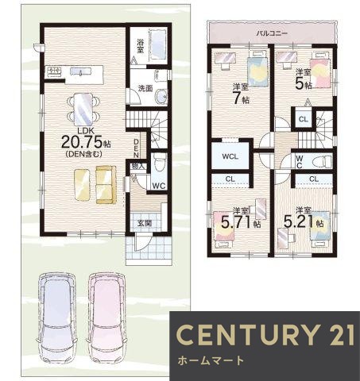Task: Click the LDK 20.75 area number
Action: pyautogui.click(x=82, y=142)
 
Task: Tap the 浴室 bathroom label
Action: pyautogui.click(x=140, y=46)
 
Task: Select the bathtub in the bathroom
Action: pyautogui.click(x=158, y=44)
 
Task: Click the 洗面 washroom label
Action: pyautogui.click(x=145, y=89)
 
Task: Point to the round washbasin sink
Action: pyautogui.click(x=161, y=96)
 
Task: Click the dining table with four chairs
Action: pyautogui.click(x=83, y=109)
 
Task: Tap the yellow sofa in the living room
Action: pyautogui.click(x=106, y=185)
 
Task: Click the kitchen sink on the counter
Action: pyautogui.click(x=81, y=71)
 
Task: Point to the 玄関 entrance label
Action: pyautogui.click(x=145, y=223)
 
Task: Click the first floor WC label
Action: pyautogui.click(x=159, y=186)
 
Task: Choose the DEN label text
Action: pyautogui.click(x=137, y=148)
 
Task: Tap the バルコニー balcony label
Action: pyautogui.click(x=273, y=33)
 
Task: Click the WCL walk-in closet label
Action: pyautogui.click(x=230, y=156)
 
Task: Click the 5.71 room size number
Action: pyautogui.click(x=238, y=222)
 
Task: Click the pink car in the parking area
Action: pyautogui.click(x=107, y=318)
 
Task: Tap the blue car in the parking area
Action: pyautogui.click(x=57, y=318)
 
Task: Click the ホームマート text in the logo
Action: pyautogui.click(x=211, y=360)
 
